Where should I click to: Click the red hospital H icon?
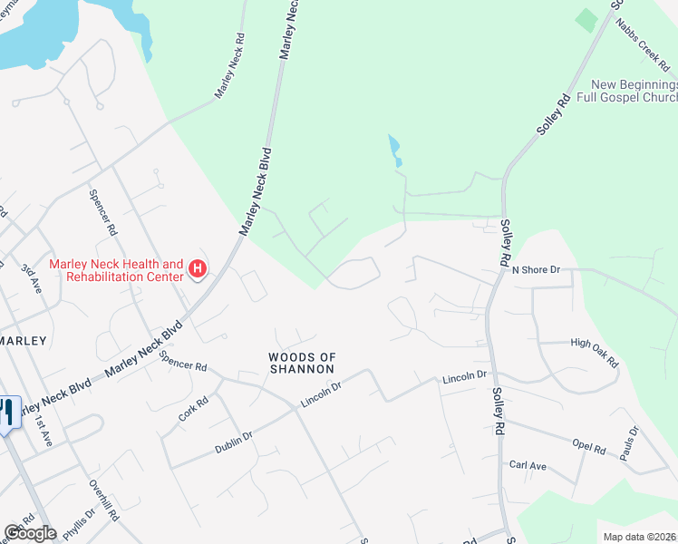coord(197,268)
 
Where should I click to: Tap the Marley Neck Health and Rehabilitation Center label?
coord(116,269)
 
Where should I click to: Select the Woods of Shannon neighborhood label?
coord(302,363)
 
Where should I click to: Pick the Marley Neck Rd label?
coord(230,67)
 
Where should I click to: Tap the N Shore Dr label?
coord(537,269)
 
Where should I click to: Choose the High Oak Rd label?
coord(595,352)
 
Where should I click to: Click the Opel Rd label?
coord(588,448)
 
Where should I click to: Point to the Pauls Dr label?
coord(631,443)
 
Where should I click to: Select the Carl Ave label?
coord(528,466)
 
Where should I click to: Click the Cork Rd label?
coord(194,409)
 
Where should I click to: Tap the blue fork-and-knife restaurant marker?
coord(7,413)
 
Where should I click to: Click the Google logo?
coord(30,533)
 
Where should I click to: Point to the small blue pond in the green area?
coord(394,150)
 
